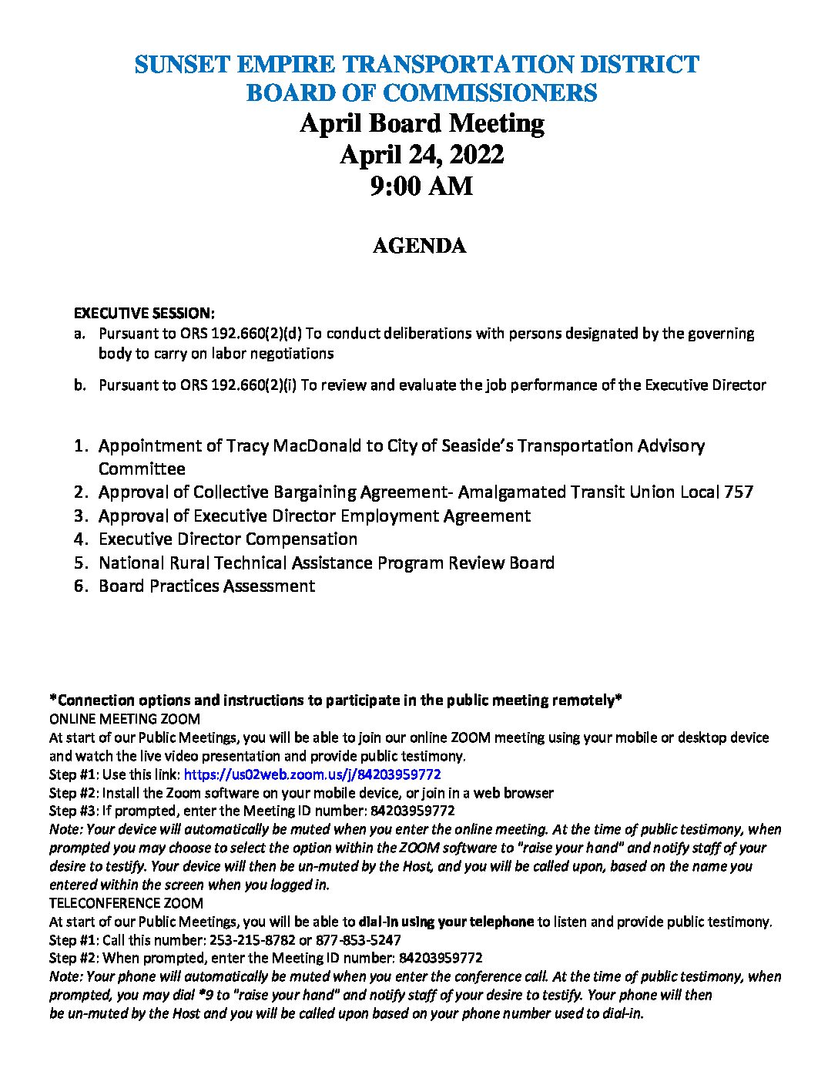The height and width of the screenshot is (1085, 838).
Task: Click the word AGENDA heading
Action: pyautogui.click(x=419, y=246)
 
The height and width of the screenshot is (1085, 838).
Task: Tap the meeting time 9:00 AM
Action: pyautogui.click(x=421, y=186)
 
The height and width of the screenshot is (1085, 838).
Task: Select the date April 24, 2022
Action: pyautogui.click(x=421, y=155)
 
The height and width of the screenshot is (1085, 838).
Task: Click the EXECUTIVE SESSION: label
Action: pyautogui.click(x=144, y=313)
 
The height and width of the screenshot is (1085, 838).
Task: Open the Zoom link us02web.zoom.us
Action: pyautogui.click(x=312, y=774)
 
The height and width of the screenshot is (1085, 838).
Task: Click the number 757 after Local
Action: pyautogui.click(x=739, y=492)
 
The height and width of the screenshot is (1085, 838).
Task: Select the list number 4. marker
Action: pyautogui.click(x=82, y=539)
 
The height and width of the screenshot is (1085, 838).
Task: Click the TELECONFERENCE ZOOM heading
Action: pyautogui.click(x=126, y=903)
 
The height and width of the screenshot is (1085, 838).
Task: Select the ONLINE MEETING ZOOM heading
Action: pyautogui.click(x=125, y=719)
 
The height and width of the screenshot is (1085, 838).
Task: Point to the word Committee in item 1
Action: pyautogui.click(x=142, y=469)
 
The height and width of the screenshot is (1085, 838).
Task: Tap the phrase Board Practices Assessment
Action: pyautogui.click(x=206, y=586)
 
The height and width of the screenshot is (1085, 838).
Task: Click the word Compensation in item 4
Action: pyautogui.click(x=302, y=539)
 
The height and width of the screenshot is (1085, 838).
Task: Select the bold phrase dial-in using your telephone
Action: pyautogui.click(x=446, y=922)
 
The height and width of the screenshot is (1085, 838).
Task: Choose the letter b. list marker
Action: pyautogui.click(x=80, y=385)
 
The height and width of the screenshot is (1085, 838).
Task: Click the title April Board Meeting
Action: pyautogui.click(x=421, y=123)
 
